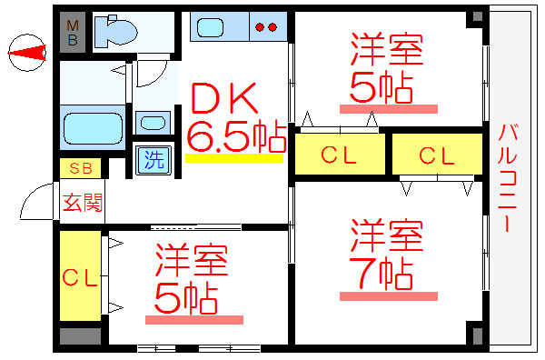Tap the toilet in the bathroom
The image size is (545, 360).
tap(115, 33)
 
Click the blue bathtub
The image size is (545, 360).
tap(92, 127)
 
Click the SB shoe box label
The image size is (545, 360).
tap(81, 169)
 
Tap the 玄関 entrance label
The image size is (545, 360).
tap(82, 202)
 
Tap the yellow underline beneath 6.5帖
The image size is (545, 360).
tap(234, 158)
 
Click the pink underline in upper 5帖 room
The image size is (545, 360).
tap(388, 108)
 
